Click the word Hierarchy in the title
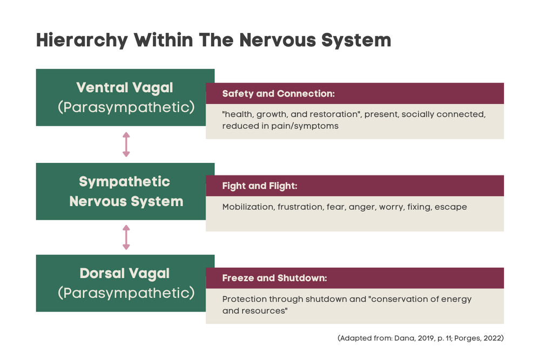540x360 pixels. tap(81, 40)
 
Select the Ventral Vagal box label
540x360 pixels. tap(126, 87)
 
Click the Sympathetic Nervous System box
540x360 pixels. tap(126, 192)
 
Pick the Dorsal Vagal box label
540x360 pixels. tap(125, 273)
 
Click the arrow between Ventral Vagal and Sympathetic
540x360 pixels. tap(126, 145)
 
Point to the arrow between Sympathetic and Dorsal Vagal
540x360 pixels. tap(126, 237)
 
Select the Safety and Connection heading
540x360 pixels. tap(279, 93)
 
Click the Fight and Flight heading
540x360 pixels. tap(260, 186)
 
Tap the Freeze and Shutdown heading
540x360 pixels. tap(275, 279)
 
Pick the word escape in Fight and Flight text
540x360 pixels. tap(453, 207)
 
